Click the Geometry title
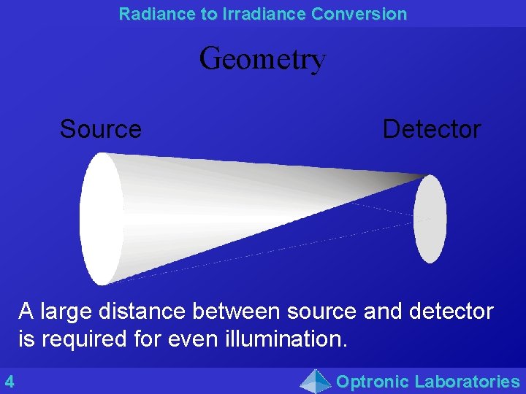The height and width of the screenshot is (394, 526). click(x=262, y=58)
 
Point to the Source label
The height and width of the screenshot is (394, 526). click(x=100, y=129)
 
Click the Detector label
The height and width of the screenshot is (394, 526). click(x=431, y=129)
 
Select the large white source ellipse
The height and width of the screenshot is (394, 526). click(x=102, y=218)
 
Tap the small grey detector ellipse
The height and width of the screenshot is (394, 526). click(x=430, y=219)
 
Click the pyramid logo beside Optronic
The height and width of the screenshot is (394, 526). click(x=316, y=381)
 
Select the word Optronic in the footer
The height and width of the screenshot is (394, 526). click(x=372, y=381)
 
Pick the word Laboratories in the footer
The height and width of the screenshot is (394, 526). click(x=467, y=381)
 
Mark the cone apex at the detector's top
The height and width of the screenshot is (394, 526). click(x=426, y=176)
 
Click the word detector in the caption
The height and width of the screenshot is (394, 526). click(x=451, y=312)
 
